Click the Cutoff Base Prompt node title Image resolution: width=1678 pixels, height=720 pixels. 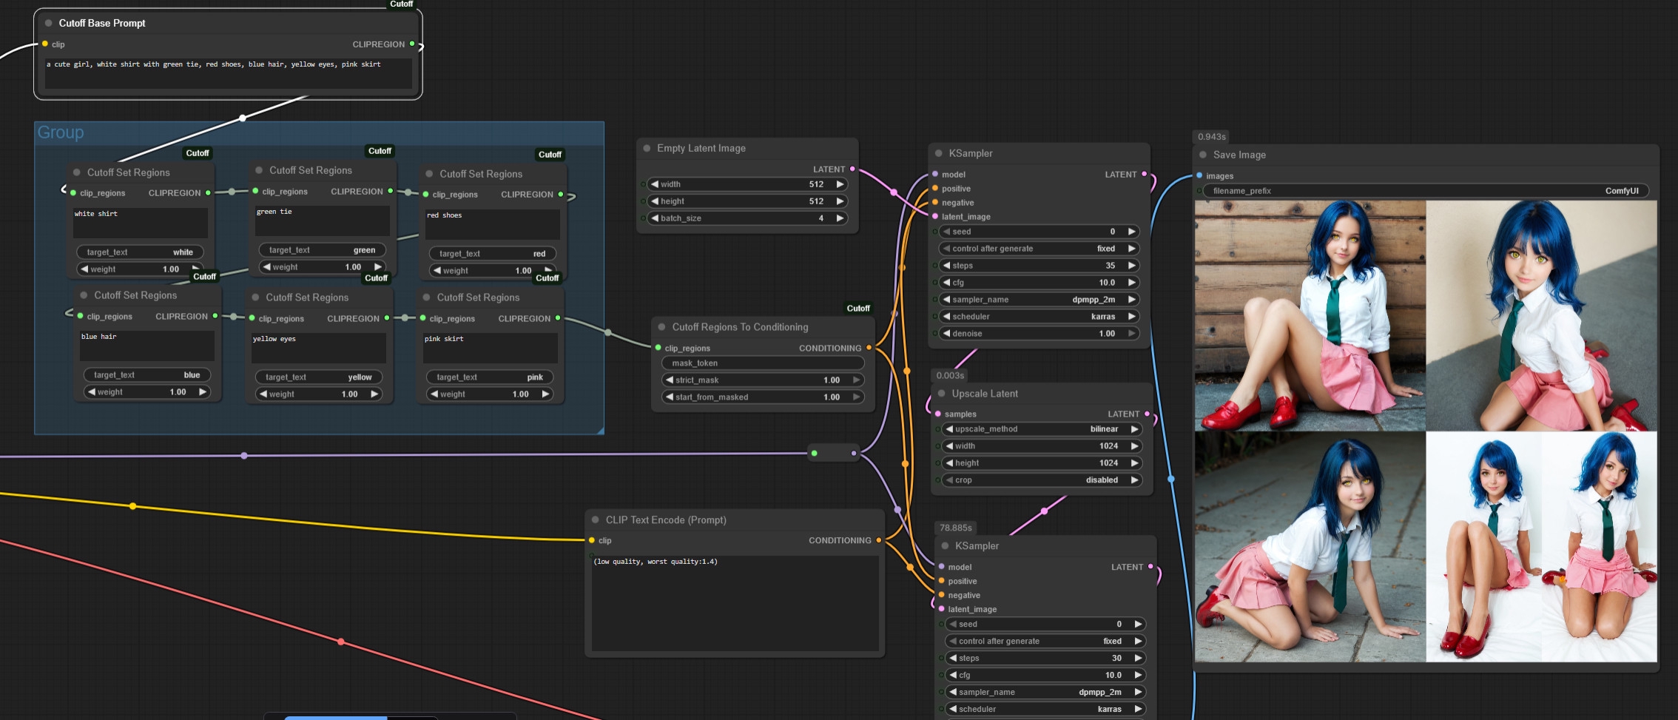102,23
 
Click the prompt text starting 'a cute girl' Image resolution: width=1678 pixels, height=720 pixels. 214,65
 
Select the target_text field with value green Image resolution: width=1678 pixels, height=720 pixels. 322,250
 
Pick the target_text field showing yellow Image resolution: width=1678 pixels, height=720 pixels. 318,377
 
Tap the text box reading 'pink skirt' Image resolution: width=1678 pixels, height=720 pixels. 489,346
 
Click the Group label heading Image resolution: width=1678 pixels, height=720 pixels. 61,132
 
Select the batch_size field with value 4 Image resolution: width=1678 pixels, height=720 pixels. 747,218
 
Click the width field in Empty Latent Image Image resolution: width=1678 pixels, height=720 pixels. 747,184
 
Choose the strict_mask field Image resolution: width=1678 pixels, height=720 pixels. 762,380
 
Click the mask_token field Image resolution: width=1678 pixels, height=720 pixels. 762,363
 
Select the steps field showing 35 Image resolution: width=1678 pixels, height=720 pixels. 1039,266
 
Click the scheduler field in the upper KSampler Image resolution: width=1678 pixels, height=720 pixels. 1039,317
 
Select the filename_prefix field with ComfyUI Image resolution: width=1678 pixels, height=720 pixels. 1425,191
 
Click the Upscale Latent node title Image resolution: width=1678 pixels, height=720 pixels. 985,394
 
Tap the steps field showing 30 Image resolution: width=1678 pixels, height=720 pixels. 1045,658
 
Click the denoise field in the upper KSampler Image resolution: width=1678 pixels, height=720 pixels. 1039,334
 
